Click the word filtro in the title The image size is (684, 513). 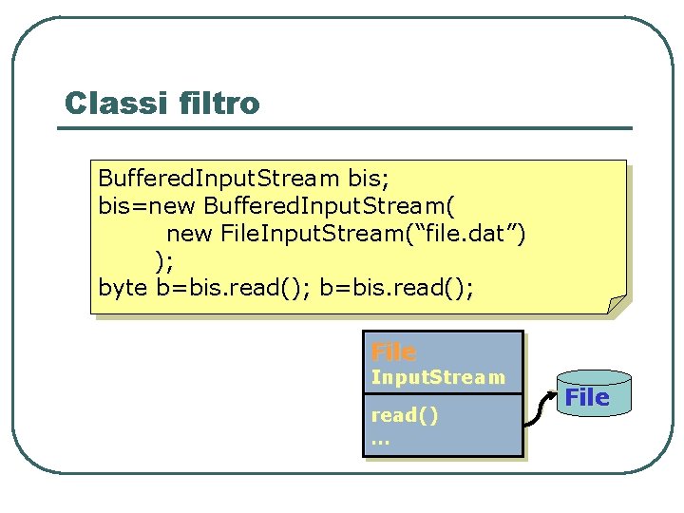coord(218,103)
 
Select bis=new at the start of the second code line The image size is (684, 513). coord(147,206)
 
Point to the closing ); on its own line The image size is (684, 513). coord(164,259)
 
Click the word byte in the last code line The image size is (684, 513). coord(123,287)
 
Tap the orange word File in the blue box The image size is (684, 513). coord(393,352)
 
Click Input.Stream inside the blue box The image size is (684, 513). coord(437,378)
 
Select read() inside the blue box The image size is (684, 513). coord(405,416)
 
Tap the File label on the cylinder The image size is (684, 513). coord(587,397)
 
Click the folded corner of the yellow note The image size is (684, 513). coord(617,304)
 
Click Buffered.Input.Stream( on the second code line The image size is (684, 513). coord(333,206)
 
